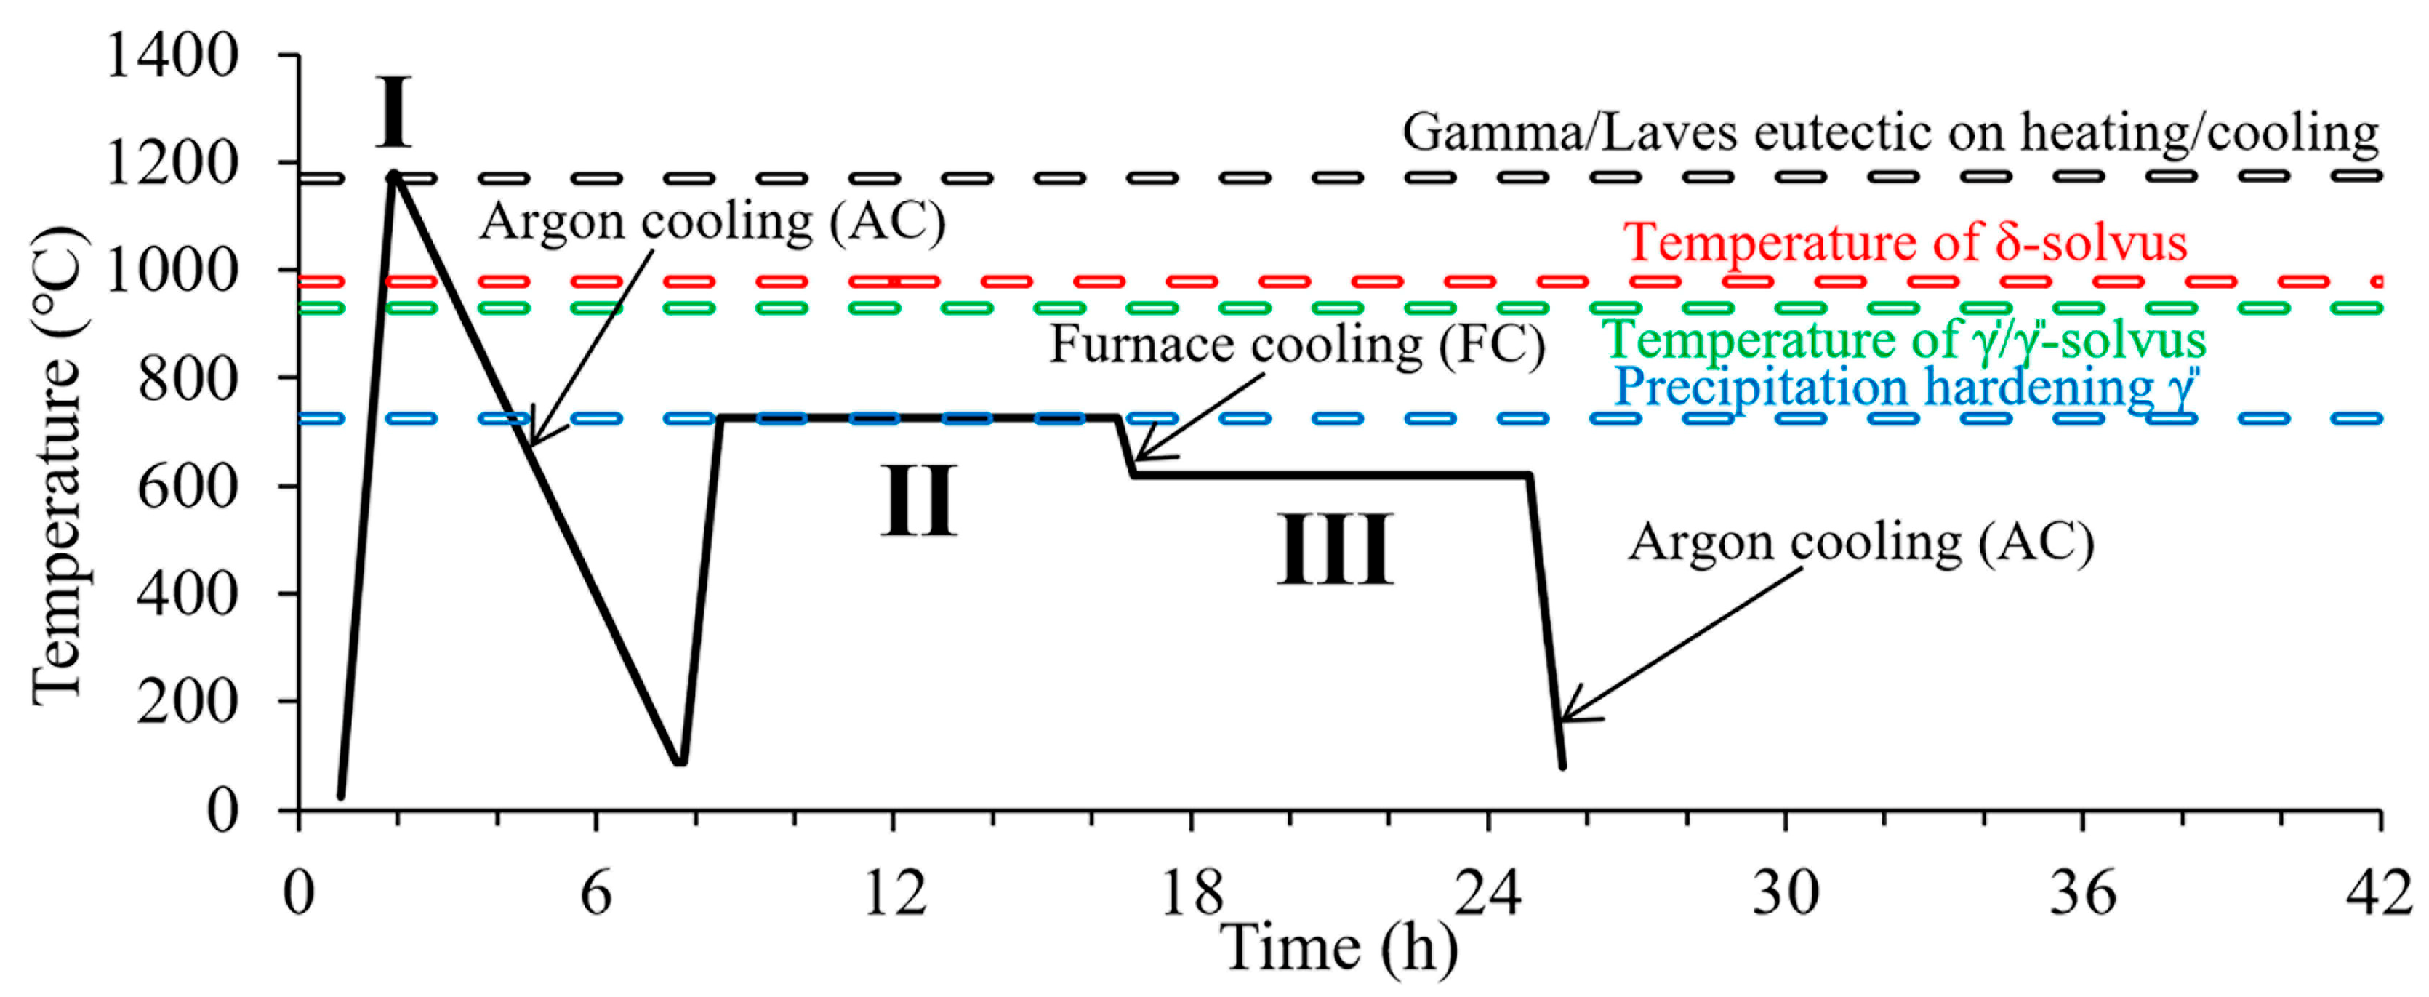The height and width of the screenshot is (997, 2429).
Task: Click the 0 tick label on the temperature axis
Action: click(x=222, y=810)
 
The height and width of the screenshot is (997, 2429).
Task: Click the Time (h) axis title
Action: click(x=1339, y=948)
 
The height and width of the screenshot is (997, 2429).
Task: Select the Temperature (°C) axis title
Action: click(x=58, y=467)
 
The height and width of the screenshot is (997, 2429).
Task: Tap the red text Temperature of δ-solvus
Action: click(x=1905, y=242)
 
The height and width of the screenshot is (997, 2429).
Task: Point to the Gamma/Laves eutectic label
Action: click(x=1890, y=132)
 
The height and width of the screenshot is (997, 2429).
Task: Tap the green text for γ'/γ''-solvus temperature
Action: click(x=1905, y=340)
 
